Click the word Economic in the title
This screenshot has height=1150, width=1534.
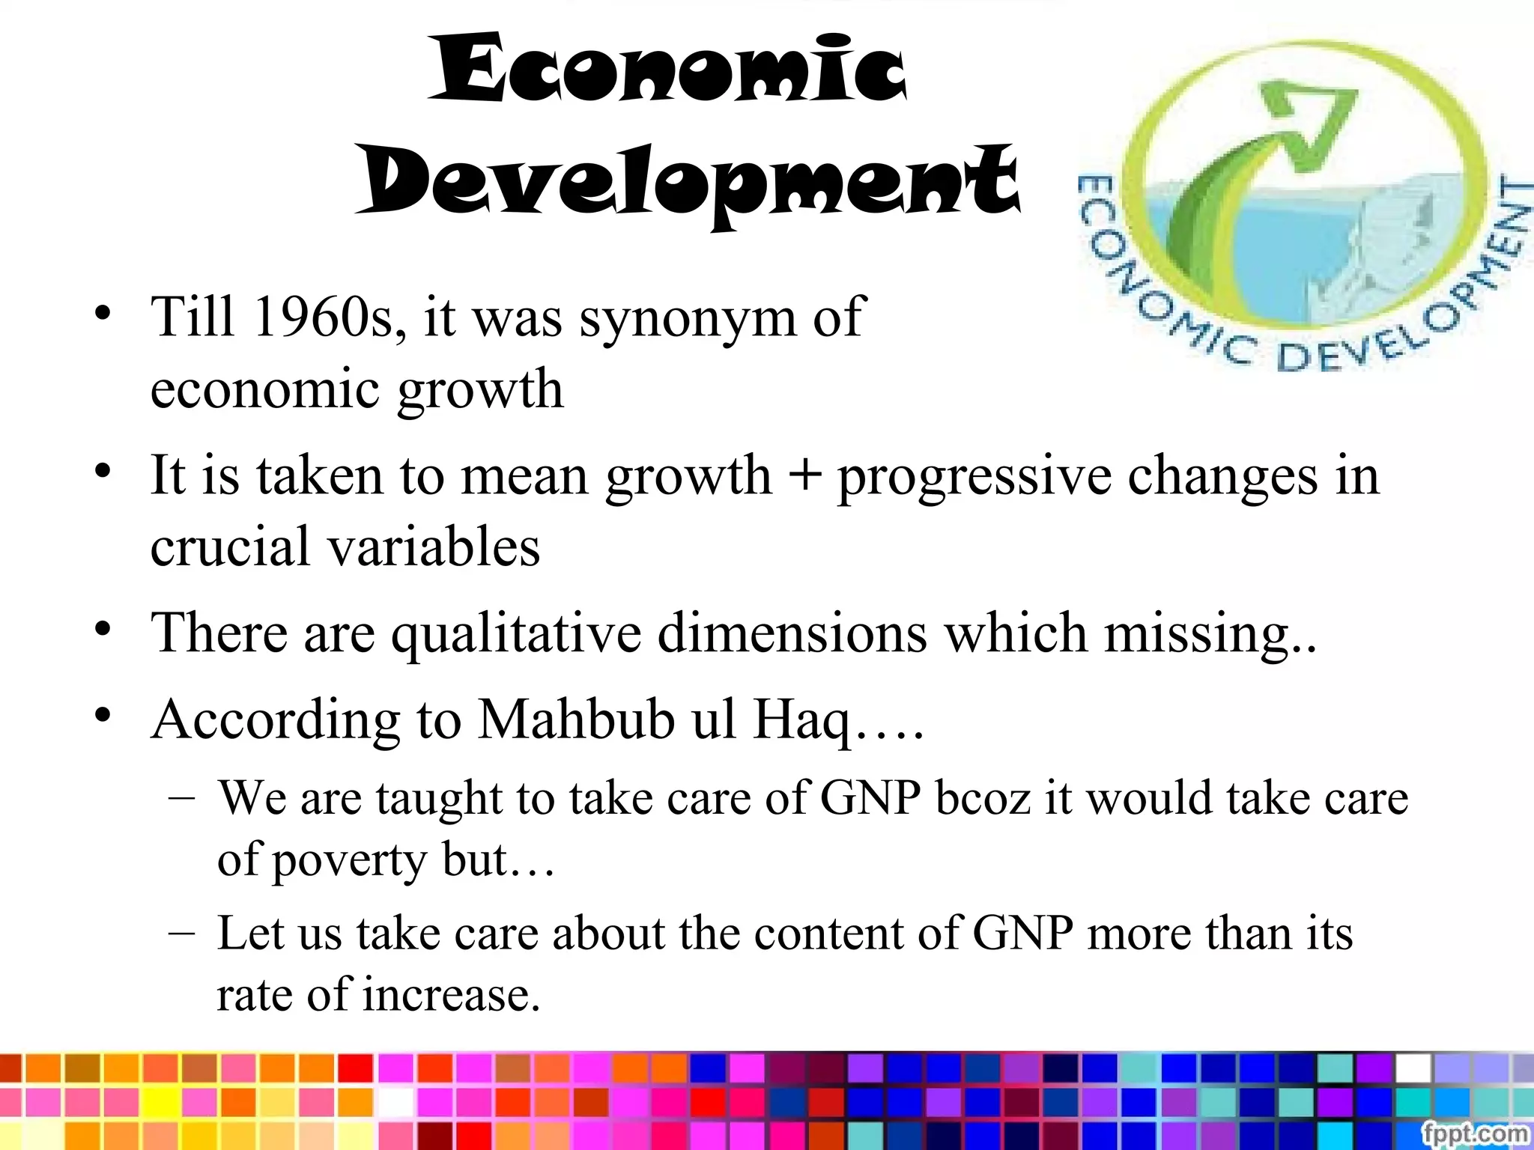(x=668, y=69)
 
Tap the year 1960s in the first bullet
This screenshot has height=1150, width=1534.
(x=324, y=317)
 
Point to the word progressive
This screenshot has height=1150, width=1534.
(x=974, y=478)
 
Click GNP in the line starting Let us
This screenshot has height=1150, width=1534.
(x=1023, y=934)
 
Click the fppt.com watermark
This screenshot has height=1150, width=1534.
(x=1474, y=1134)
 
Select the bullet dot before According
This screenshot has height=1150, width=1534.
(x=103, y=716)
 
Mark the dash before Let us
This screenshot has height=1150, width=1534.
(x=182, y=934)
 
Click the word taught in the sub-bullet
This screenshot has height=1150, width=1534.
(x=439, y=798)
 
